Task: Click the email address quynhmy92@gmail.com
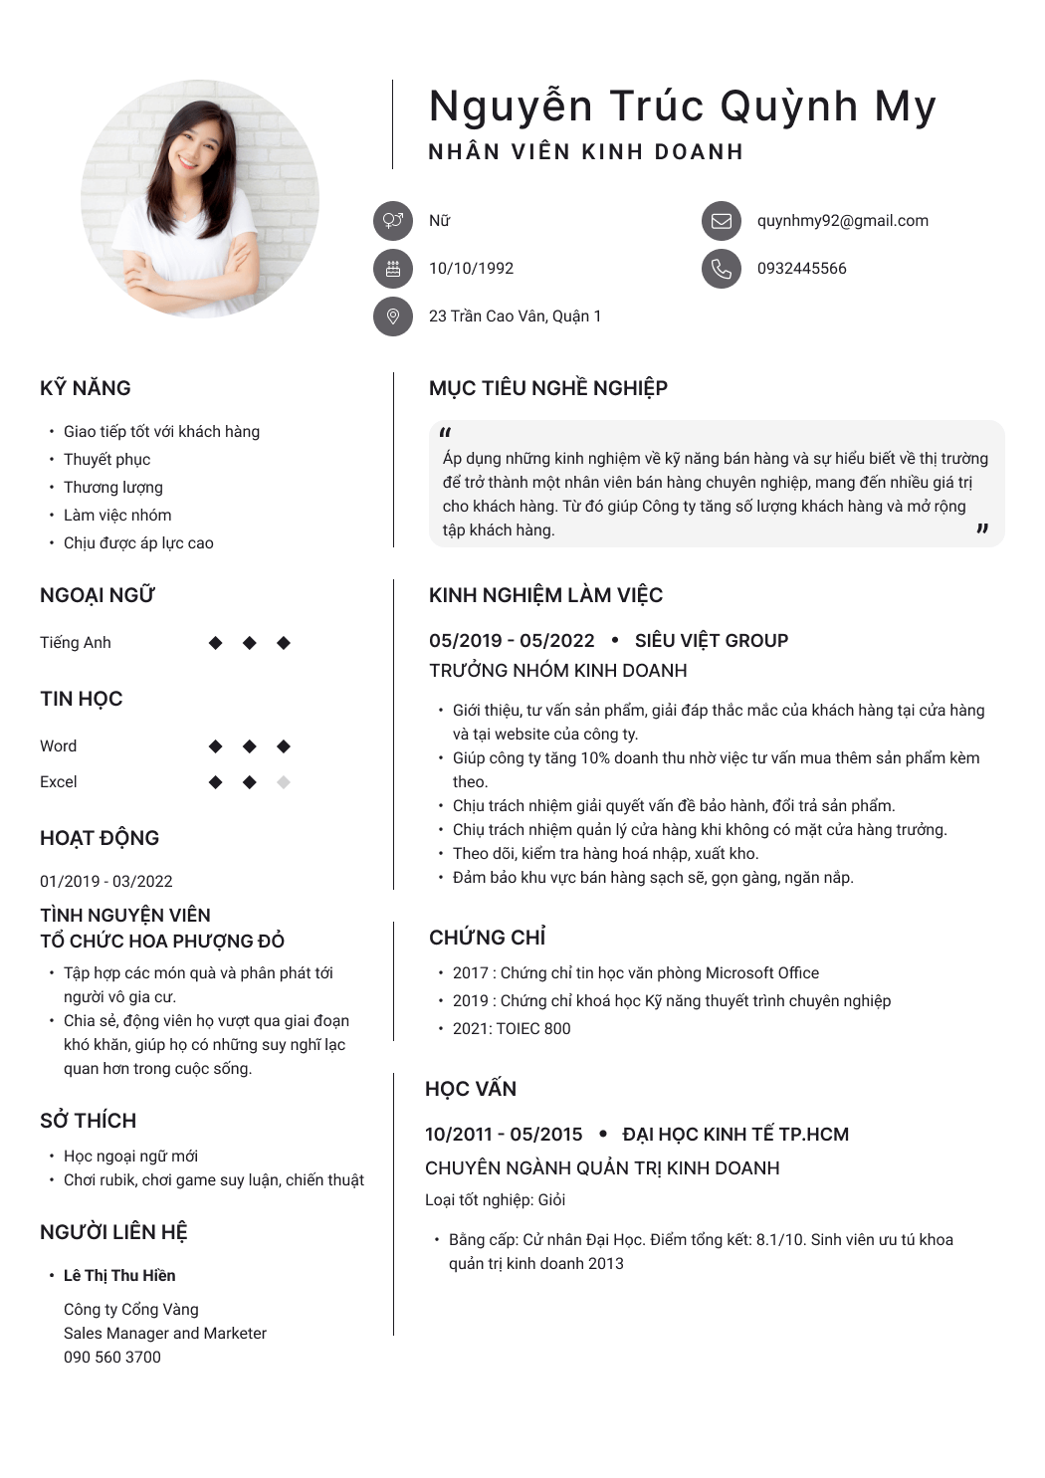click(842, 221)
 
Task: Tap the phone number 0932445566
click(801, 269)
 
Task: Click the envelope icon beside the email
click(722, 221)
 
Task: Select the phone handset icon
click(722, 269)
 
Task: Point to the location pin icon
click(393, 317)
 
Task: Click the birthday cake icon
click(393, 269)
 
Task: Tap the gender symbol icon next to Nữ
click(393, 221)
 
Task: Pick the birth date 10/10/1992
click(471, 269)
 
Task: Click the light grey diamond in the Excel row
click(284, 782)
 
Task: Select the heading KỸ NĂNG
click(86, 388)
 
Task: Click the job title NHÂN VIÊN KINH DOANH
click(585, 152)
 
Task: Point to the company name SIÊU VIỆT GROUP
click(711, 641)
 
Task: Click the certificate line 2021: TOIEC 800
click(512, 1029)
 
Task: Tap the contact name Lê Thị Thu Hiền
click(119, 1276)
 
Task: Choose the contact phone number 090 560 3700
click(112, 1358)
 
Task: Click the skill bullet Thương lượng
click(113, 488)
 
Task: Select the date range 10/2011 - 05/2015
click(504, 1135)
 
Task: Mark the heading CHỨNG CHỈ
click(488, 938)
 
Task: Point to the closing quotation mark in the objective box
click(982, 529)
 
